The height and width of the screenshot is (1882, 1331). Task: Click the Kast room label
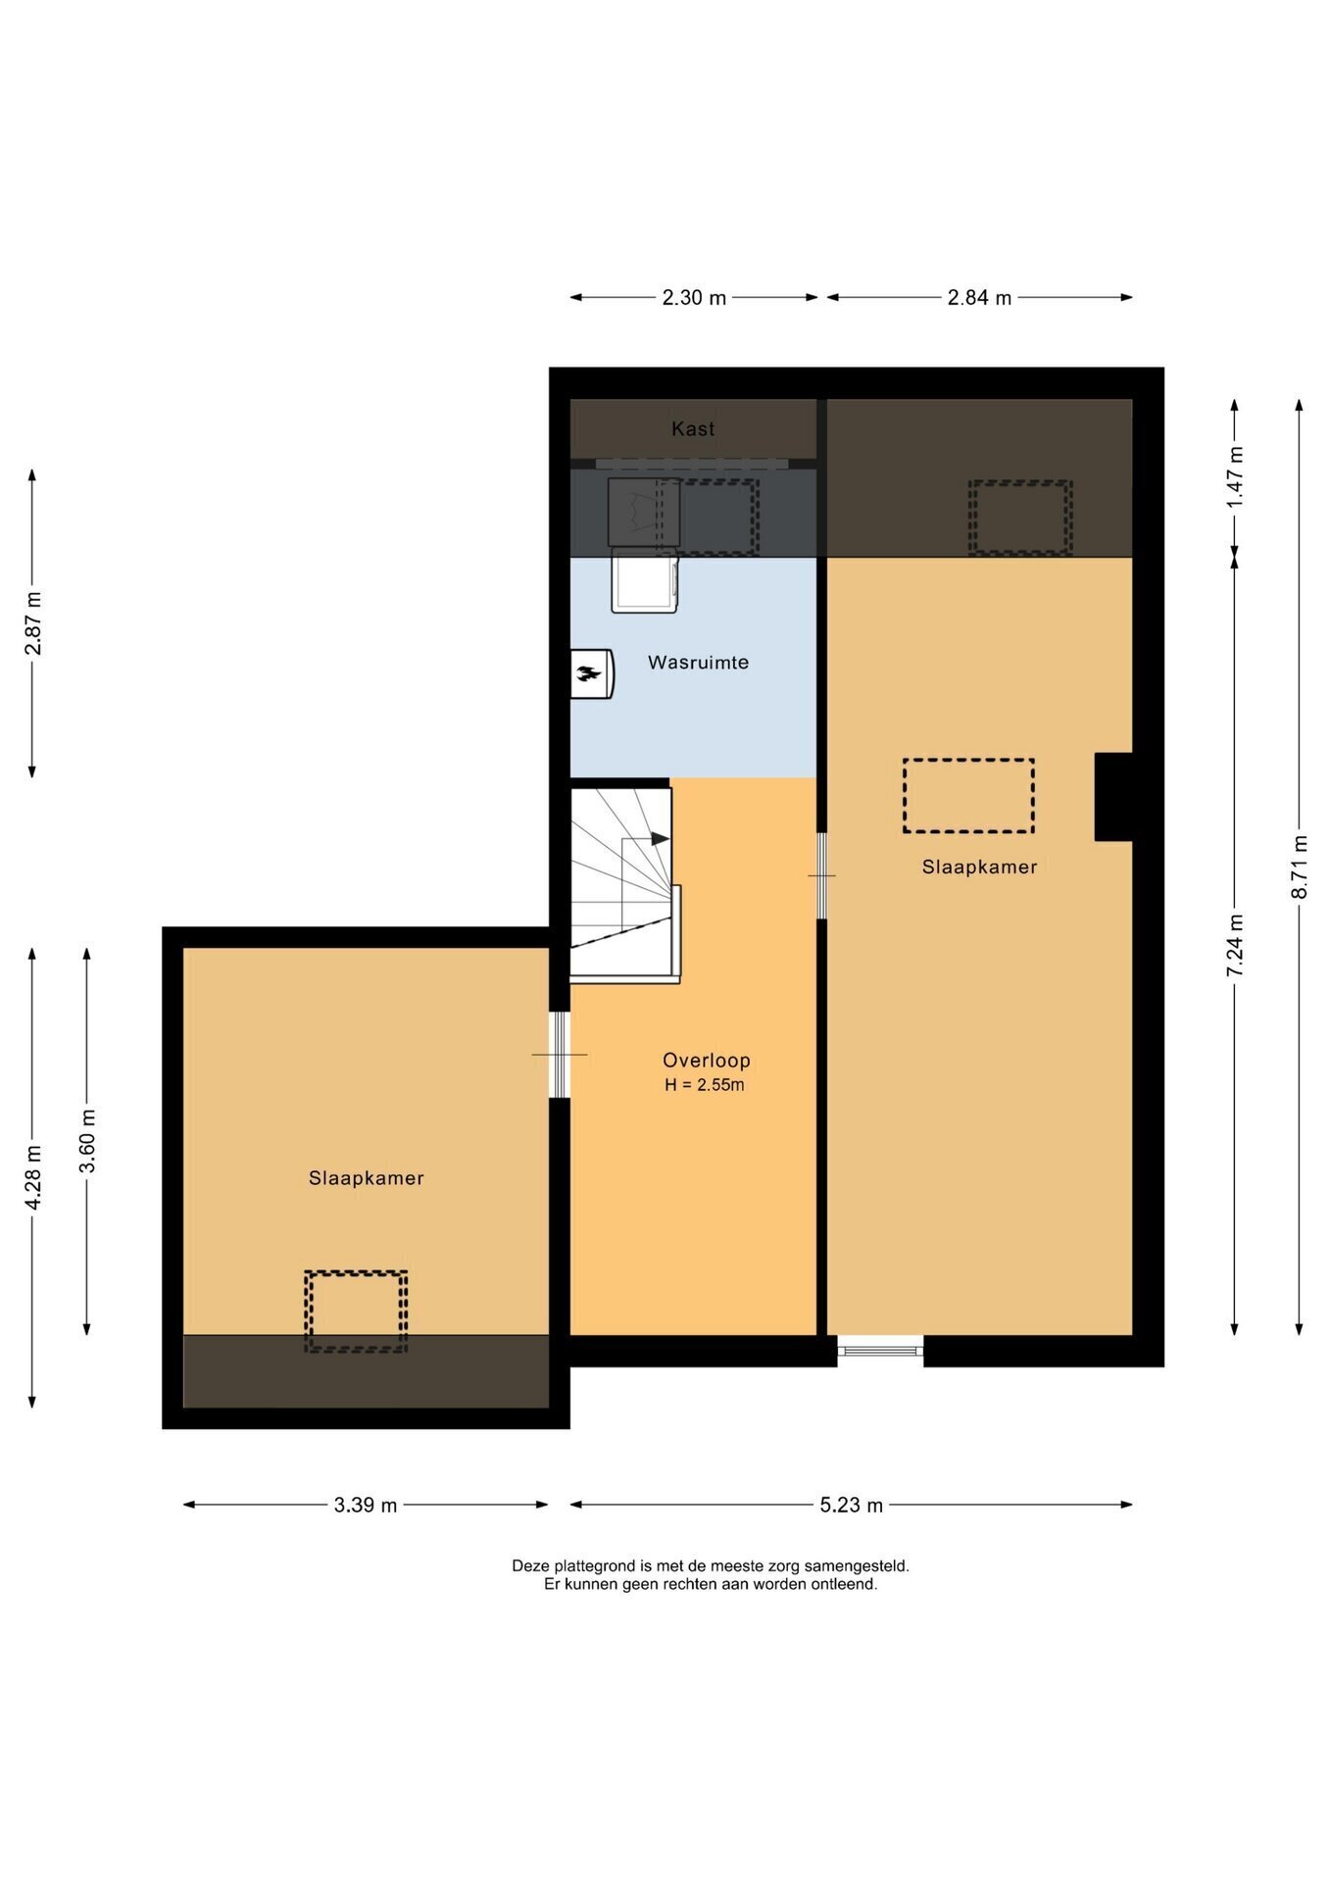693,428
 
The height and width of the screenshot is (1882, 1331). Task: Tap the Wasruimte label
698,663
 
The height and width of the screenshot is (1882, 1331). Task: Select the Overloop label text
706,1061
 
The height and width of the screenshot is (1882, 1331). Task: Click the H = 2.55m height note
704,1085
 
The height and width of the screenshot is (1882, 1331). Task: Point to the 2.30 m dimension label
694,298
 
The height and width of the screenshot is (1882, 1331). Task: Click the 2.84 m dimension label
979,298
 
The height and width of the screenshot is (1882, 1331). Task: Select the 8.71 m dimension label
1300,867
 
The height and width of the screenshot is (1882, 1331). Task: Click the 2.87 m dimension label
33,623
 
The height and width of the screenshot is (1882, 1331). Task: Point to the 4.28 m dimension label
33,1177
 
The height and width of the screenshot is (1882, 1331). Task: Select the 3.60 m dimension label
88,1141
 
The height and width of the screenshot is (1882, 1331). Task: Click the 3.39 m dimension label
366,1505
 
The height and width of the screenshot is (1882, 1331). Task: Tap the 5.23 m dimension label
852,1505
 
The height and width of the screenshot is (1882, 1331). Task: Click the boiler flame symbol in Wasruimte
589,673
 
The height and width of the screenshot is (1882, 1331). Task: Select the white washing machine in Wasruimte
644,580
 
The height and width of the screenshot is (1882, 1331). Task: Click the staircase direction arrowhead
661,839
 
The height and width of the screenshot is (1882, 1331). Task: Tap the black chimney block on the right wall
1114,797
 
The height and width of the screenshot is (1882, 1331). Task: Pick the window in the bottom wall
880,1351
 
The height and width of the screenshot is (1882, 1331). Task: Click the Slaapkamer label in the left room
367,1178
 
